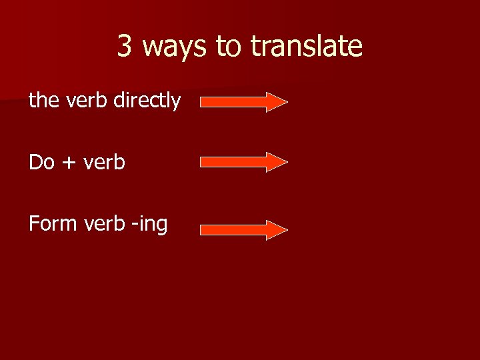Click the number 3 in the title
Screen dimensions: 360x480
(x=125, y=47)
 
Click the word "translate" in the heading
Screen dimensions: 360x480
(x=306, y=47)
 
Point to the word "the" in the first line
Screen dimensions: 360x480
(x=45, y=101)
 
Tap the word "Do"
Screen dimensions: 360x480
(x=41, y=162)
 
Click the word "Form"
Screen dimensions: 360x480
(x=53, y=224)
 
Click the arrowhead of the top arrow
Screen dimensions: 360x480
(x=276, y=102)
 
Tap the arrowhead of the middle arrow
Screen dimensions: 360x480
(x=276, y=162)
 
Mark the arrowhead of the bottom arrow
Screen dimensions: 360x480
(x=276, y=229)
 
